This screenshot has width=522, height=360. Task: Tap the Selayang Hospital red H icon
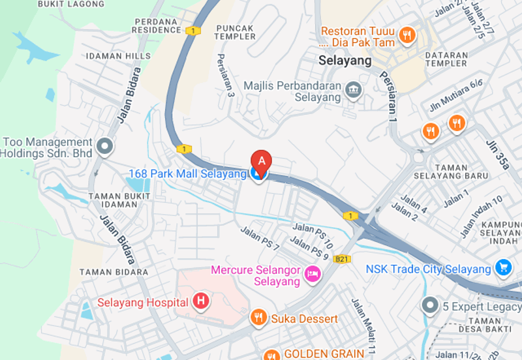[x=201, y=301]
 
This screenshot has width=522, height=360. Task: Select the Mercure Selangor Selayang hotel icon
[x=313, y=275]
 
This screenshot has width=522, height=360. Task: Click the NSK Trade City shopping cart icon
[x=502, y=267]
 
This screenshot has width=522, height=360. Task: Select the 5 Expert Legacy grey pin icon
[x=429, y=305]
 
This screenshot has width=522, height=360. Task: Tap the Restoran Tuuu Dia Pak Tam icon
[x=407, y=35]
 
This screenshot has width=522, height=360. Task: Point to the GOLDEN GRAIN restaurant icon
[x=271, y=354]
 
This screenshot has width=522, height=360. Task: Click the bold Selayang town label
[x=345, y=61]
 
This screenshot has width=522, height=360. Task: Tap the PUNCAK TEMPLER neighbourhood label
[x=235, y=32]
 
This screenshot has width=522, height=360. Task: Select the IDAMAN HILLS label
[x=113, y=56]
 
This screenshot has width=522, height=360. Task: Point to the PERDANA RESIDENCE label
[x=157, y=26]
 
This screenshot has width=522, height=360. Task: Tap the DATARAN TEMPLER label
[x=446, y=60]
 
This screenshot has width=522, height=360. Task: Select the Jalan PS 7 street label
[x=260, y=238]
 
